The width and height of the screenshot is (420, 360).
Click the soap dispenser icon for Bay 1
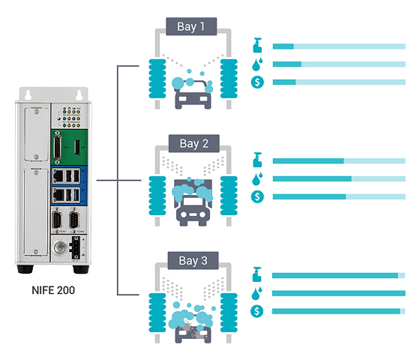[x=258, y=45]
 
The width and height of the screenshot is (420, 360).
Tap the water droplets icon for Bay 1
[x=258, y=64]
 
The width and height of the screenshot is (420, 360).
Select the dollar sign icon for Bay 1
[x=258, y=82]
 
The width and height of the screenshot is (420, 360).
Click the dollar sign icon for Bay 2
[x=258, y=196]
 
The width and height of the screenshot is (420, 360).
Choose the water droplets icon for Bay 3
[x=258, y=293]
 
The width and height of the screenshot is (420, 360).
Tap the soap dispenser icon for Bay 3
[x=258, y=274]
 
